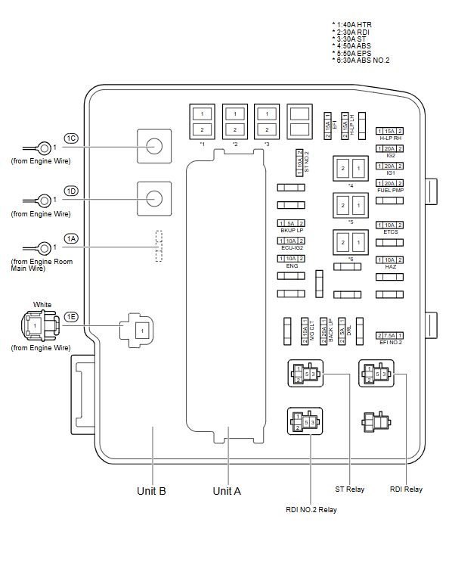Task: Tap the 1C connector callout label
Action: tap(71, 138)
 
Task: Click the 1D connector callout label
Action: tap(71, 191)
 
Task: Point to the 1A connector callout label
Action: tap(71, 238)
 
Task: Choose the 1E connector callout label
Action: tap(71, 316)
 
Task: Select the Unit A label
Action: tap(227, 490)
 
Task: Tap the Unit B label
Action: tap(151, 490)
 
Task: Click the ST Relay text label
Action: tap(350, 489)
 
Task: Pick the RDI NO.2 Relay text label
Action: tap(311, 510)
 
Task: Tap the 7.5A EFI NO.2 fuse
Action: tap(390, 334)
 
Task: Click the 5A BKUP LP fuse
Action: tap(291, 223)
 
